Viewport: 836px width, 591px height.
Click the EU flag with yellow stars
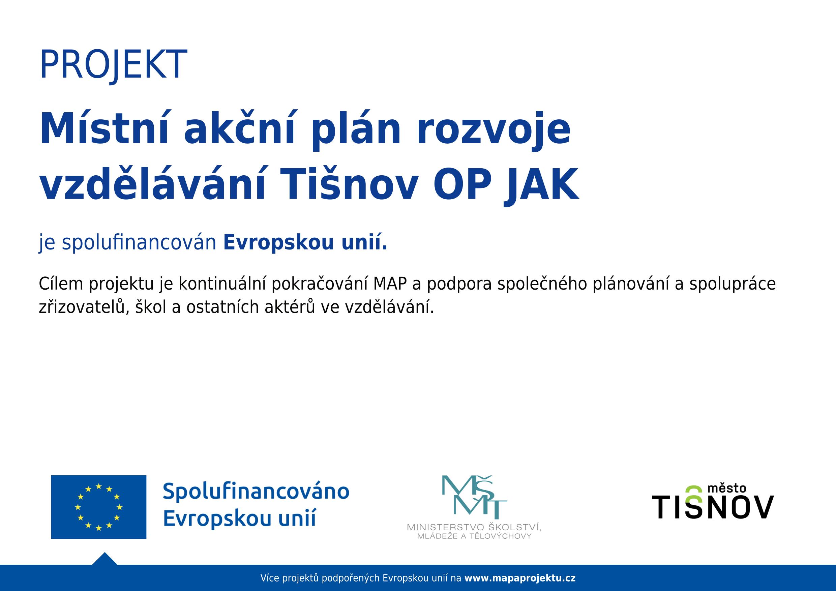98,507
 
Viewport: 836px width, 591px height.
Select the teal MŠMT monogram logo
474,497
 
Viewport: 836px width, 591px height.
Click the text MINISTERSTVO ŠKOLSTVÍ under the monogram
474,527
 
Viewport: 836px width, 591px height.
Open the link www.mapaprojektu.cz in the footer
520,578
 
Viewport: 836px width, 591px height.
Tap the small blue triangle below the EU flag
105,559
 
